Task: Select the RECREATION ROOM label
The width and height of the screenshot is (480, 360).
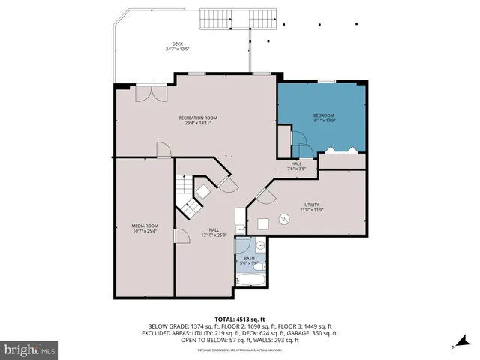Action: (198, 118)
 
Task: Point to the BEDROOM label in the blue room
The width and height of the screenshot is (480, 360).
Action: (323, 115)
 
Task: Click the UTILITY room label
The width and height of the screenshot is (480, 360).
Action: (311, 204)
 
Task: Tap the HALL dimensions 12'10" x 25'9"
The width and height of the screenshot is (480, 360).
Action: (214, 235)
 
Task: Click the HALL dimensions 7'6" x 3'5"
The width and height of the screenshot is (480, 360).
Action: (296, 169)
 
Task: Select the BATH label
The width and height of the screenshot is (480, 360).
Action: (249, 257)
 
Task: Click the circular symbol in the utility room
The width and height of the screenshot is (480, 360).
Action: (284, 219)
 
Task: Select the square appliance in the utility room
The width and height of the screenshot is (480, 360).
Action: (263, 223)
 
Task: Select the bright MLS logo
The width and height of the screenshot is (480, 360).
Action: (30, 349)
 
